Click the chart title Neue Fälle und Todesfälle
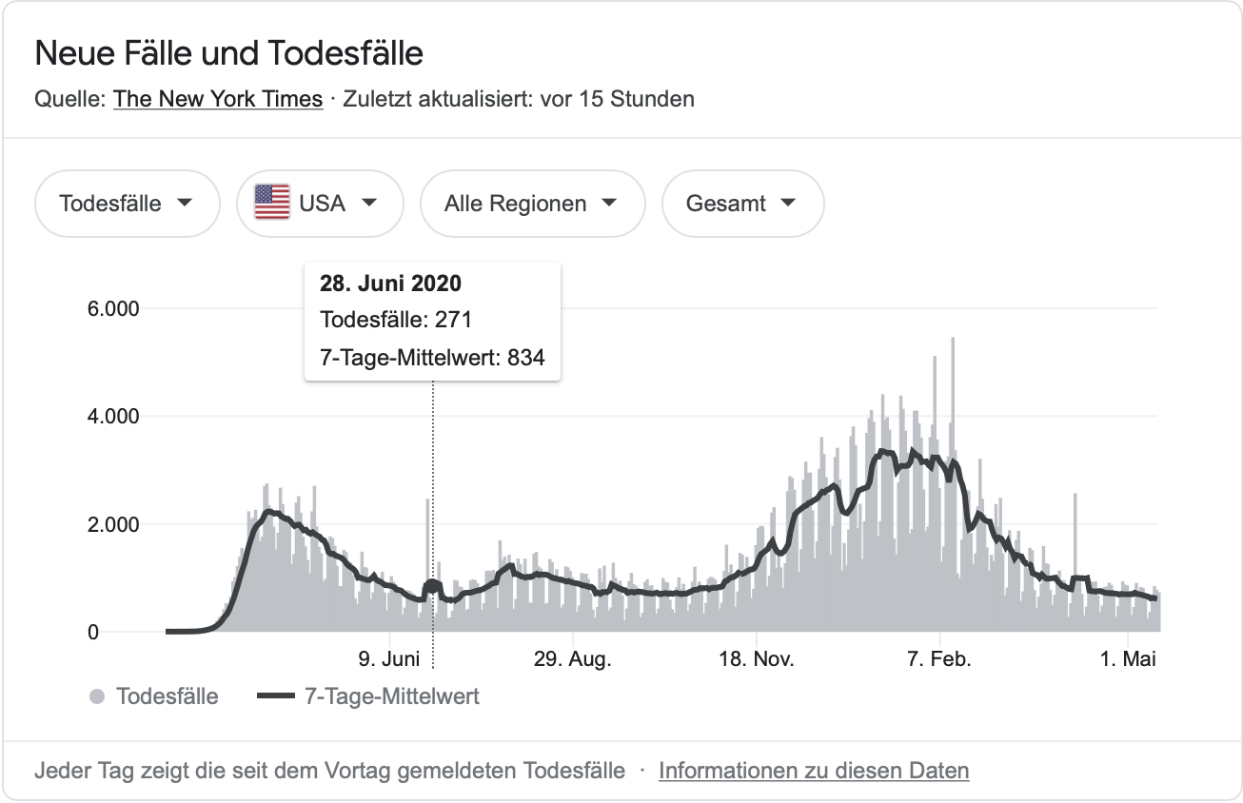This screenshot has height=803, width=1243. [x=228, y=53]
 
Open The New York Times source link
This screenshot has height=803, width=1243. [x=218, y=99]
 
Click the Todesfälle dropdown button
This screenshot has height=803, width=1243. [x=127, y=203]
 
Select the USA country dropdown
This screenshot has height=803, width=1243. [x=320, y=203]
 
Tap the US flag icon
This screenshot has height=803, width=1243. [x=272, y=203]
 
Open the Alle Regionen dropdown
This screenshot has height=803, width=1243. [x=531, y=203]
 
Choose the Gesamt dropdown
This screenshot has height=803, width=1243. [x=741, y=203]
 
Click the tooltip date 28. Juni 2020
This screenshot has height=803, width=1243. [x=391, y=284]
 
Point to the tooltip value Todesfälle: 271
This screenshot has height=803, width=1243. [x=396, y=320]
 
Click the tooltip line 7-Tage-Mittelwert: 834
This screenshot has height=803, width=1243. [x=432, y=357]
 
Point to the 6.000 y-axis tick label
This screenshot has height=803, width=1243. [x=112, y=309]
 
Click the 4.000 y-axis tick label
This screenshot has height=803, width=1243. [x=112, y=417]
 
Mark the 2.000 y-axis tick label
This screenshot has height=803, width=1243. [x=112, y=524]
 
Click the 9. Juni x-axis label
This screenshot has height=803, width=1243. [x=389, y=659]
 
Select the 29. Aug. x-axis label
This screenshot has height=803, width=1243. [x=572, y=659]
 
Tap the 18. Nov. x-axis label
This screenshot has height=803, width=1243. [x=756, y=659]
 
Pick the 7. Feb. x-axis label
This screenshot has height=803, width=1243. [x=939, y=659]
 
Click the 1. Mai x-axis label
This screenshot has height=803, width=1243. [x=1128, y=659]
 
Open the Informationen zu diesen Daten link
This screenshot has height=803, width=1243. [x=814, y=771]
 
